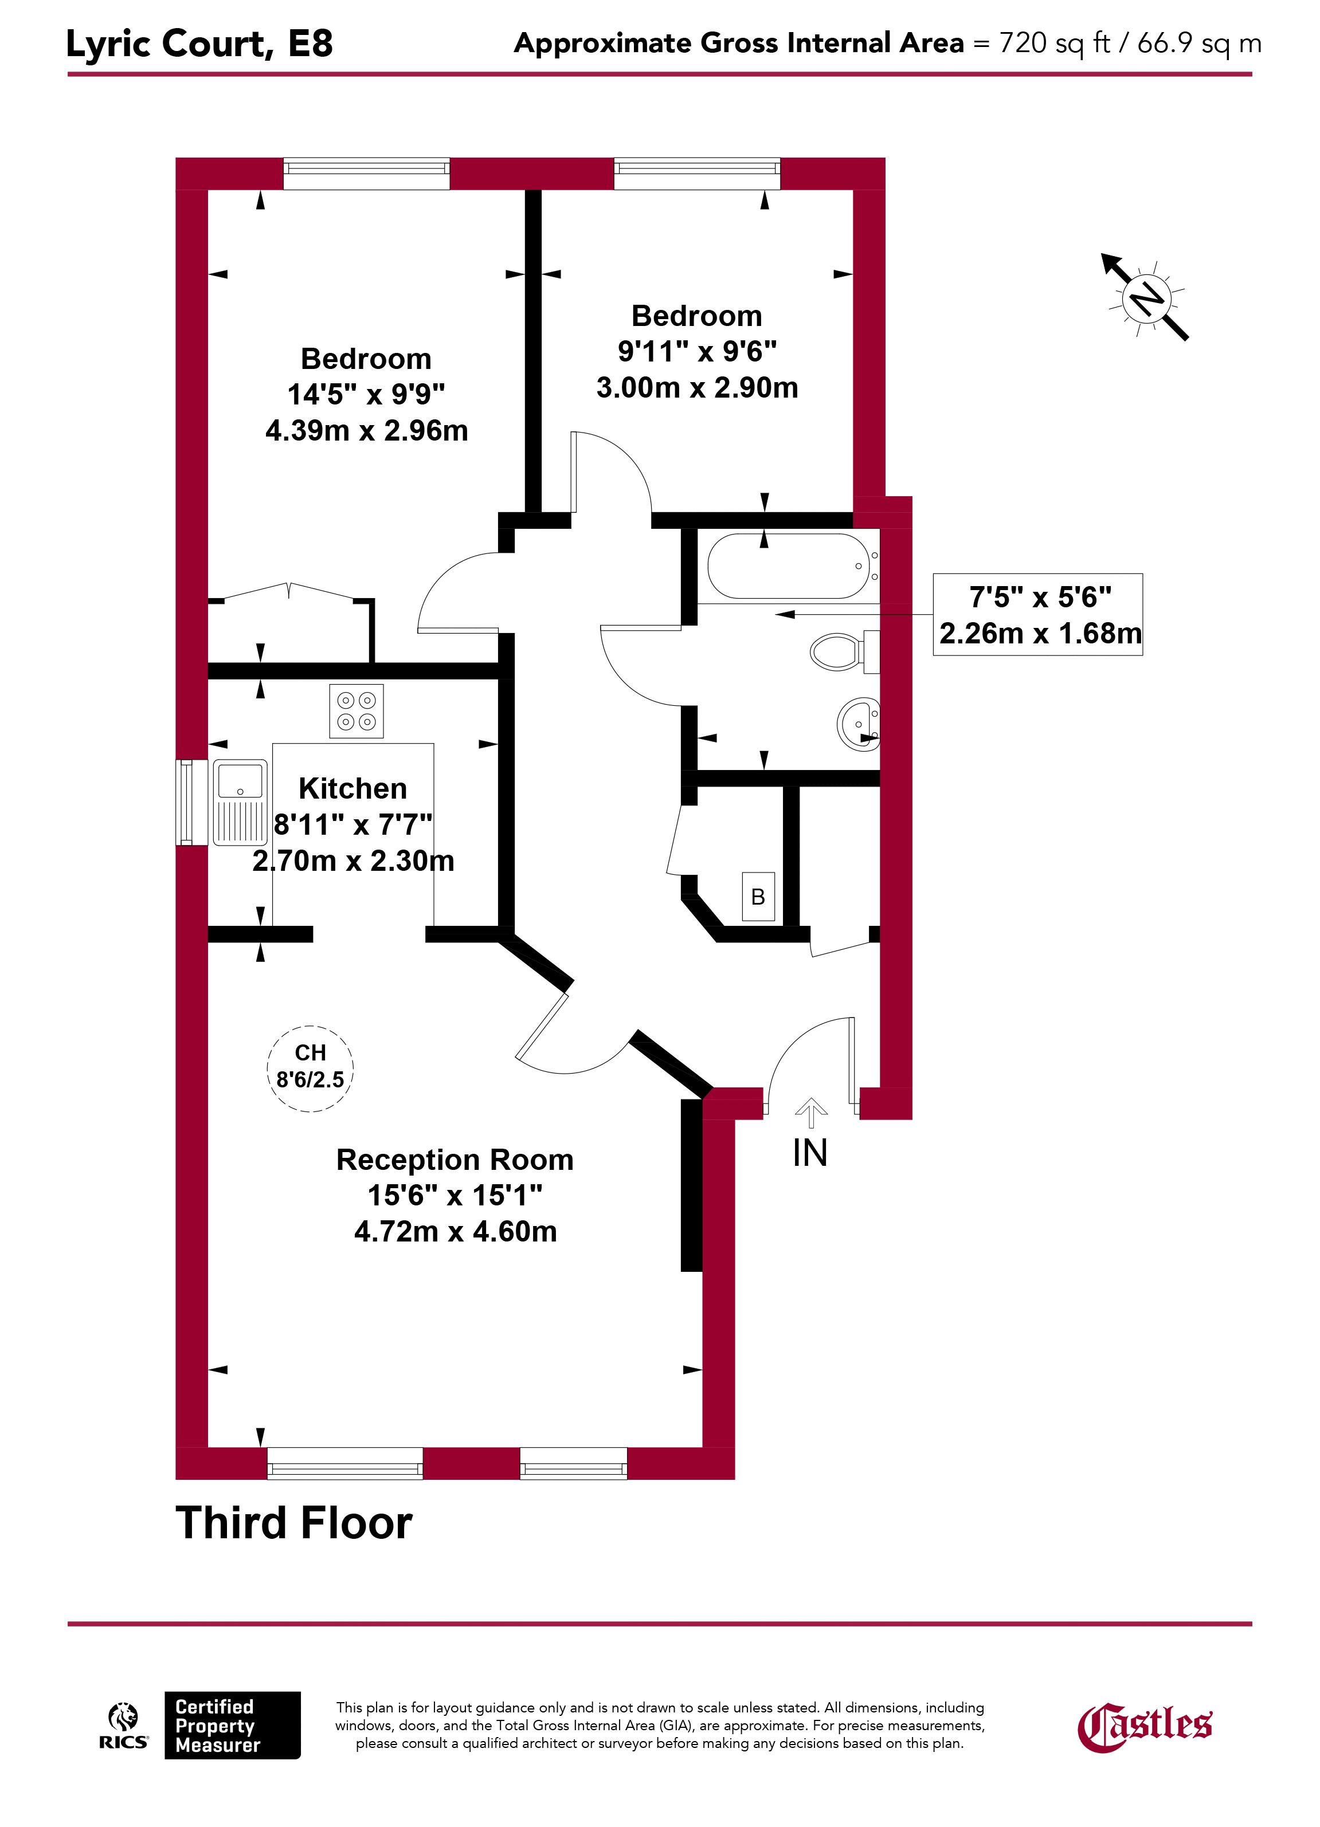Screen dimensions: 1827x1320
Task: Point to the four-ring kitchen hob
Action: (x=356, y=710)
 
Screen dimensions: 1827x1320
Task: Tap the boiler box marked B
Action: (x=758, y=897)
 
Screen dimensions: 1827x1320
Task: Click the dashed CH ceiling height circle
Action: (x=310, y=1069)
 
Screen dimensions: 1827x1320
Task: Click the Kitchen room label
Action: (x=353, y=788)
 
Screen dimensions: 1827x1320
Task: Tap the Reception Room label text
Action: (x=455, y=1159)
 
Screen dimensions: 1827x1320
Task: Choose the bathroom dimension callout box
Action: (x=1038, y=615)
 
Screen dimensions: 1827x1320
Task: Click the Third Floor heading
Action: (x=294, y=1523)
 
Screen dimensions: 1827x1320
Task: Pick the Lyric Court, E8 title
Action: (x=199, y=44)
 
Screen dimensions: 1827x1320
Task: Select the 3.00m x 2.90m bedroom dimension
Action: (x=697, y=387)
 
